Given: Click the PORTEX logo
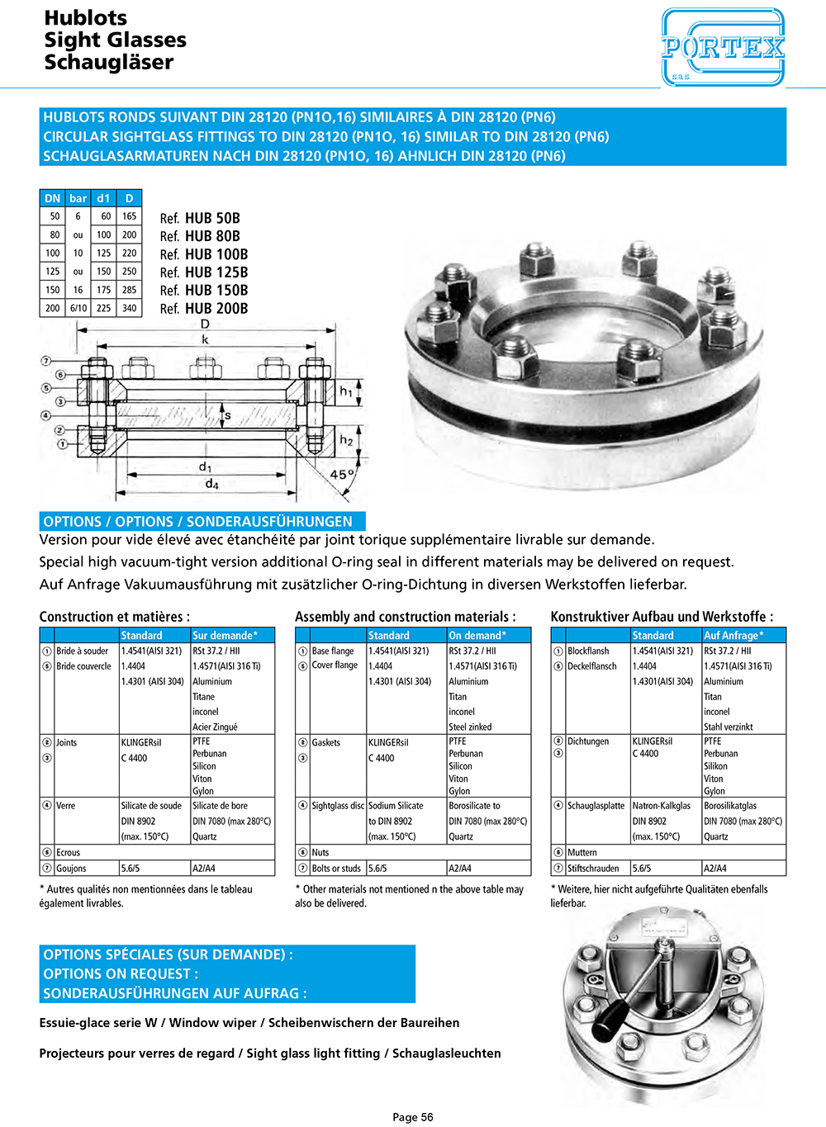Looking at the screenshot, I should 723,47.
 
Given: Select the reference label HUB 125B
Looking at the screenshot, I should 216,272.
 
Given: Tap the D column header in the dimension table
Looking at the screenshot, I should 129,198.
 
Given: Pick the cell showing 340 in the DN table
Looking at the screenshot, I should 129,308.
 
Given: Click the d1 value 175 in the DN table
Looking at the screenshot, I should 103,290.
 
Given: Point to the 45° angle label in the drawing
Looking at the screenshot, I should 342,475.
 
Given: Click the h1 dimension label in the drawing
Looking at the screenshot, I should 346,391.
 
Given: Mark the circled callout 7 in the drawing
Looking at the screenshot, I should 46,361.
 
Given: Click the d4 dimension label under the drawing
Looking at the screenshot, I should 211,484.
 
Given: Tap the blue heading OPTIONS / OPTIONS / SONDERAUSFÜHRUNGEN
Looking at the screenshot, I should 198,522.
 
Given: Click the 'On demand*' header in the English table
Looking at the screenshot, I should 477,636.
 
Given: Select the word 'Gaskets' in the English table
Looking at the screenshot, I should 325,742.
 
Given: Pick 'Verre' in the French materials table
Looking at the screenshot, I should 65,806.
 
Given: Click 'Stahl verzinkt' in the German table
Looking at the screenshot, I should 728,727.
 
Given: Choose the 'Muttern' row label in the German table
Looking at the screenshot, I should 582,852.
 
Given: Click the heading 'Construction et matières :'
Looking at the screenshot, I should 114,617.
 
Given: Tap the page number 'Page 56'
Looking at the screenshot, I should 412,1117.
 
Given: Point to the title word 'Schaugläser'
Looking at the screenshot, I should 108,63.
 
